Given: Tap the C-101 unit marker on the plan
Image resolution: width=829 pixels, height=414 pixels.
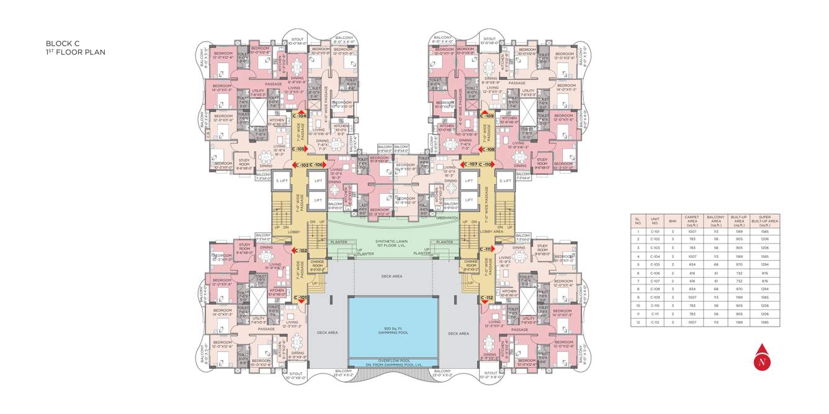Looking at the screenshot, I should tap(300, 298).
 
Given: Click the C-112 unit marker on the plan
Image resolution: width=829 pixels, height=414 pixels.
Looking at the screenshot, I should tap(486, 298).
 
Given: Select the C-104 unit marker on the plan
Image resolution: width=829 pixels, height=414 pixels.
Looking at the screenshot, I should tap(300, 115).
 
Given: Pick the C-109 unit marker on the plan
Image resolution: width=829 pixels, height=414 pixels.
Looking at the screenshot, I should tap(487, 115).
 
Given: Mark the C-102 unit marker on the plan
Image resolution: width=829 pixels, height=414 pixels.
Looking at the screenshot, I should tap(300, 250).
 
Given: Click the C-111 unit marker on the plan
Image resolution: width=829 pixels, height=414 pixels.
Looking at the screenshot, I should tap(486, 249).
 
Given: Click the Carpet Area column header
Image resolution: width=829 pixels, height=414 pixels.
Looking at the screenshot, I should tap(691, 221).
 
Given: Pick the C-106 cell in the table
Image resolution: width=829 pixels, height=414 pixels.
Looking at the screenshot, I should tap(655, 273).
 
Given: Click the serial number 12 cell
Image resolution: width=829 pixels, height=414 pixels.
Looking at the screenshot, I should tap(637, 323).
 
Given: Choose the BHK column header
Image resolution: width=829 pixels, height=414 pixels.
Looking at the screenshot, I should tap(672, 221).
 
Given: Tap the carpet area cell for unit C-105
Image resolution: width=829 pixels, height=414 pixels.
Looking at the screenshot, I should tap(691, 264).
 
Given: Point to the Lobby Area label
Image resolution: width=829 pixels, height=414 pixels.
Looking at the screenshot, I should tap(491, 231).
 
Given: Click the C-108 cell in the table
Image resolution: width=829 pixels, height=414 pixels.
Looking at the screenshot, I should tap(655, 289).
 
